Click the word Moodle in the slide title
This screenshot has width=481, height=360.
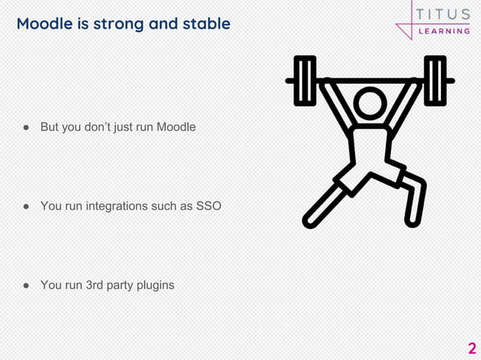tap(46, 23)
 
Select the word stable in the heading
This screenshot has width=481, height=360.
tap(204, 23)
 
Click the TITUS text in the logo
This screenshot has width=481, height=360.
tap(443, 14)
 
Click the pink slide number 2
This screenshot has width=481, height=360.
tap(472, 348)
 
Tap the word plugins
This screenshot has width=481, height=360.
tap(155, 285)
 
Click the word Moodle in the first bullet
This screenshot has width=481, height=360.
tap(176, 127)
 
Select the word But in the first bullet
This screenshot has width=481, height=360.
tap(50, 127)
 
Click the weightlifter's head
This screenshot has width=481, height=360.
tap(369, 103)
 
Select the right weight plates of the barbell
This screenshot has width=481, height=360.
tap(435, 81)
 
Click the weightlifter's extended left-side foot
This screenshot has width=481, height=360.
tap(309, 220)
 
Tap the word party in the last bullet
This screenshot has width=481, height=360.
tap(124, 285)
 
